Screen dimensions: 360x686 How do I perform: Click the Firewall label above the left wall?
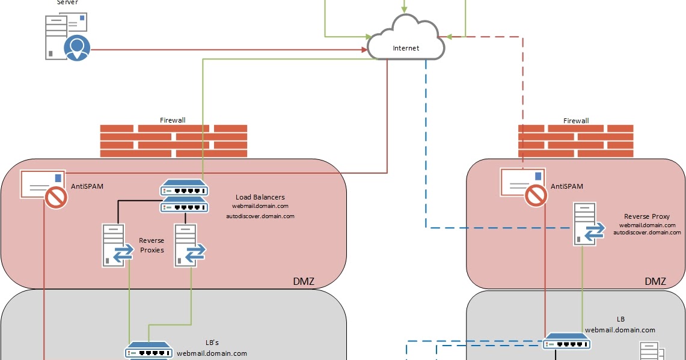[x=173, y=120]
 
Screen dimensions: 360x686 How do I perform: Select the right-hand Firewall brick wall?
[x=575, y=141]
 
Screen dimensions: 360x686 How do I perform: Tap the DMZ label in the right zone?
[x=655, y=281]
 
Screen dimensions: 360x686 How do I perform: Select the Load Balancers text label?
[x=260, y=197]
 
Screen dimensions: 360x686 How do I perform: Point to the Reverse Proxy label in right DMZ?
[x=646, y=216]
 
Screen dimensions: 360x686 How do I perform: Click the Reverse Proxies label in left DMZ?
[x=152, y=245]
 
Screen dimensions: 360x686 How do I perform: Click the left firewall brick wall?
[x=173, y=141]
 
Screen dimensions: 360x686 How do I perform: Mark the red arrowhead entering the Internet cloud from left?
[x=364, y=50]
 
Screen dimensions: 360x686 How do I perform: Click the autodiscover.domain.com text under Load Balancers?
[x=260, y=216]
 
